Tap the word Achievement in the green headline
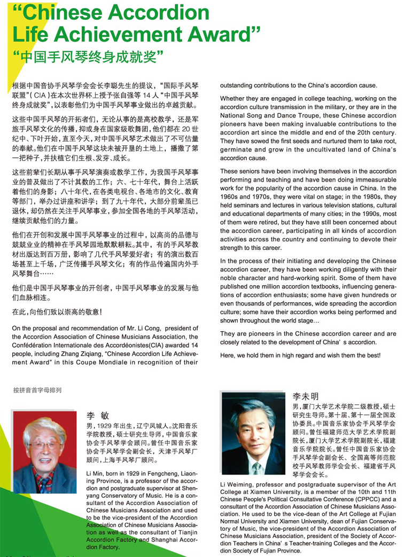[147, 35]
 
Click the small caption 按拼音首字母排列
[37, 390]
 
